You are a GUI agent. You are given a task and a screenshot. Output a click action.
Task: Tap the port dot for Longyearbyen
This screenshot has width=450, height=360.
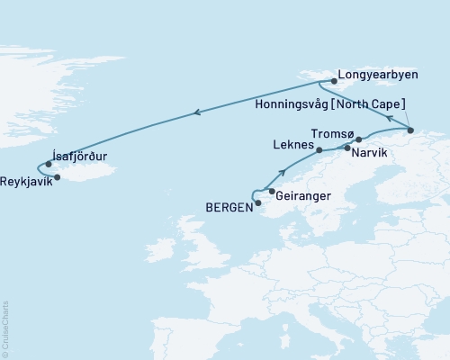point(334,81)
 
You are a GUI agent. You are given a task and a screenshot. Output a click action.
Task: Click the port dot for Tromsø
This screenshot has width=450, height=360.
point(358,139)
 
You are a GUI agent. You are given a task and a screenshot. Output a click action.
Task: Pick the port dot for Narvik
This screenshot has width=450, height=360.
point(346,147)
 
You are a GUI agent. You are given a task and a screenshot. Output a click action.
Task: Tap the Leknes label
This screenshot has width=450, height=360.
point(292,144)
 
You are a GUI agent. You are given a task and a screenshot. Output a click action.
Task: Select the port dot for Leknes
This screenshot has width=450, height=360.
point(319,150)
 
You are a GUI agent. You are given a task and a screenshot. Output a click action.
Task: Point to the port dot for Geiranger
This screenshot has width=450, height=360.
point(272,191)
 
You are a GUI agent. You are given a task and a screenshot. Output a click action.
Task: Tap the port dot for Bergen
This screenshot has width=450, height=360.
point(258,203)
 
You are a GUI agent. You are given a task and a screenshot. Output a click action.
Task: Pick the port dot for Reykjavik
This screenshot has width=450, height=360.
point(58,177)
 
